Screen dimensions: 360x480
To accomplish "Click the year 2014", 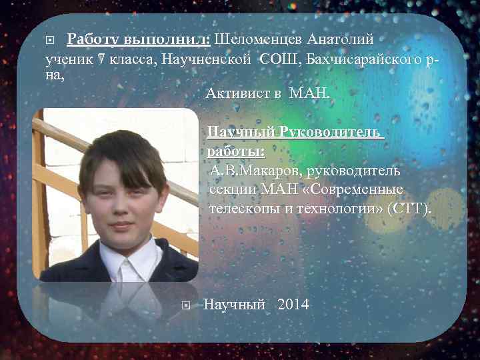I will (x=293, y=305).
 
